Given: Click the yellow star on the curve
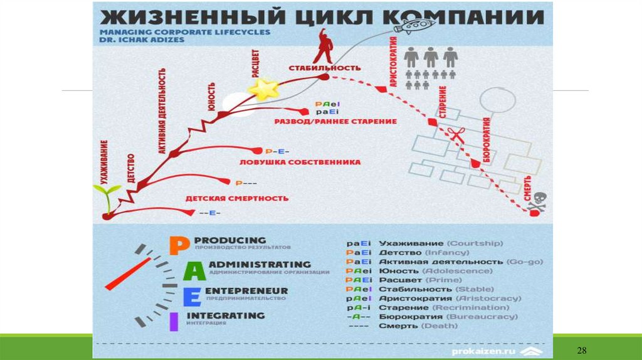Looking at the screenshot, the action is click(x=264, y=88).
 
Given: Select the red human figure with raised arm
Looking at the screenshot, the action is click(x=324, y=44).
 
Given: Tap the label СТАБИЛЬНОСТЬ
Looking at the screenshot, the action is click(x=324, y=67).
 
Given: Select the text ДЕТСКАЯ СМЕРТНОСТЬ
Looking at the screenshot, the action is click(x=236, y=198).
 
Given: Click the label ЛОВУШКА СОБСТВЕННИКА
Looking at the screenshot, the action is click(x=300, y=162).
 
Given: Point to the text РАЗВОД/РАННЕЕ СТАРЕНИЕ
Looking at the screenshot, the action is click(x=335, y=121).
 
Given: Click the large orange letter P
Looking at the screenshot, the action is click(x=176, y=245).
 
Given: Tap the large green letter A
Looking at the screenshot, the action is click(x=196, y=271).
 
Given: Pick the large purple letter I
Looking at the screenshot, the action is click(x=174, y=321).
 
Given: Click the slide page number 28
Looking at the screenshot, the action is click(x=581, y=349).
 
